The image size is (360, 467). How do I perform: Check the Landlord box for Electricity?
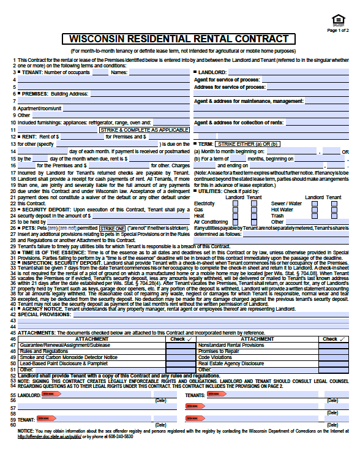[236, 203]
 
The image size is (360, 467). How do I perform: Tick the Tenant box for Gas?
[253, 209]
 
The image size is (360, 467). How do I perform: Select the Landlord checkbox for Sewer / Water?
[314, 203]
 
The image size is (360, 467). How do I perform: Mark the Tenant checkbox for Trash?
[332, 216]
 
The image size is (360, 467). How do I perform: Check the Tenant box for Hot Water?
[332, 209]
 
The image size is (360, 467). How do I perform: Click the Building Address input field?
[138, 94]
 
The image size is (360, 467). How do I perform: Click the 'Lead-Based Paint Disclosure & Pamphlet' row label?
[58, 363]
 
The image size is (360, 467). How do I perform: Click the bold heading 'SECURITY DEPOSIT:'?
[45, 210]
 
